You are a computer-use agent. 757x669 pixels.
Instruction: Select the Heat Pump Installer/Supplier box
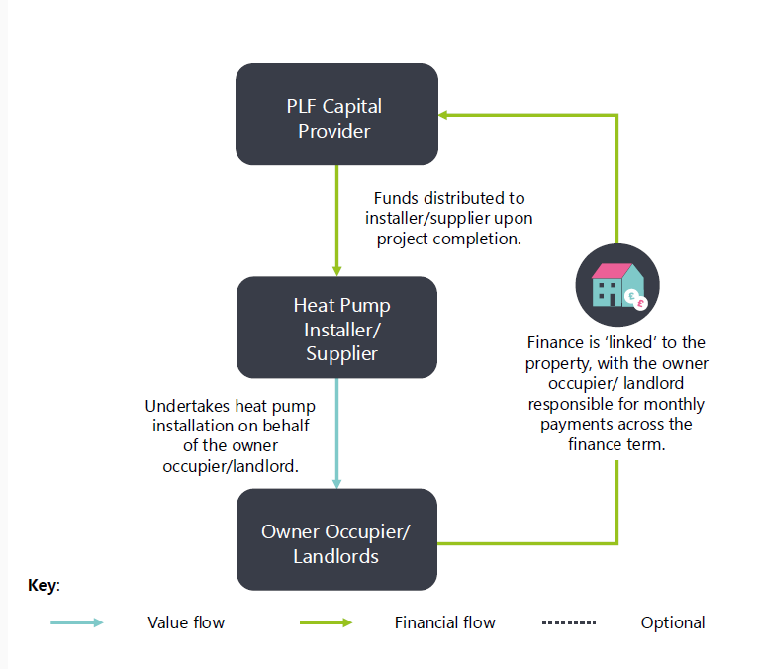coord(336,328)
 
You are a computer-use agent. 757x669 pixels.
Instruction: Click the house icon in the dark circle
coord(617,286)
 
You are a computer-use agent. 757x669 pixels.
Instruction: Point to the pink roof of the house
coord(614,270)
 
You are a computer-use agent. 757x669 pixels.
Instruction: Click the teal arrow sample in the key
coord(77,622)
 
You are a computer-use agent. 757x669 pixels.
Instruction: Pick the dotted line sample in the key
coord(569,622)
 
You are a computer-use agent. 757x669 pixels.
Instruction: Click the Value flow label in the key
coord(186,622)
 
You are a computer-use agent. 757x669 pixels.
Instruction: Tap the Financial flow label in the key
coord(444,622)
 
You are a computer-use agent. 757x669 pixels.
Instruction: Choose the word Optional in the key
coord(673,622)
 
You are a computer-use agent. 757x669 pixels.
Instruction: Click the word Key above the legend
coord(43,585)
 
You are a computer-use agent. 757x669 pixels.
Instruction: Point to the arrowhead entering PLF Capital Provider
coord(445,115)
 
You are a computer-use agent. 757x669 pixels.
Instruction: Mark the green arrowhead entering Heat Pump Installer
coord(337,270)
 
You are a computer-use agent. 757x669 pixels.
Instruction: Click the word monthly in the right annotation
coord(676,404)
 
